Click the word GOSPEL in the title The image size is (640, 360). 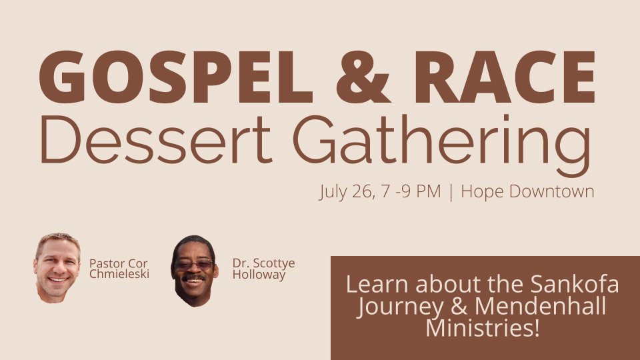176,77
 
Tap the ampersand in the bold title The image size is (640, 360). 363,77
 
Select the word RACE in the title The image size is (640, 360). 505,77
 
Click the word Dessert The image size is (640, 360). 156,139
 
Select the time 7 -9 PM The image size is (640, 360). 411,191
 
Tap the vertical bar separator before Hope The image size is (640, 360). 451,192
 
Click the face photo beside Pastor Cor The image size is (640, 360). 57,268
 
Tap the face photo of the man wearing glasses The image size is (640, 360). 194,271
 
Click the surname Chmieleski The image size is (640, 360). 119,274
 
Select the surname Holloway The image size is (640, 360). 259,275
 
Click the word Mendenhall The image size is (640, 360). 541,306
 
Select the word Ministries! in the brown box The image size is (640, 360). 483,328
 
